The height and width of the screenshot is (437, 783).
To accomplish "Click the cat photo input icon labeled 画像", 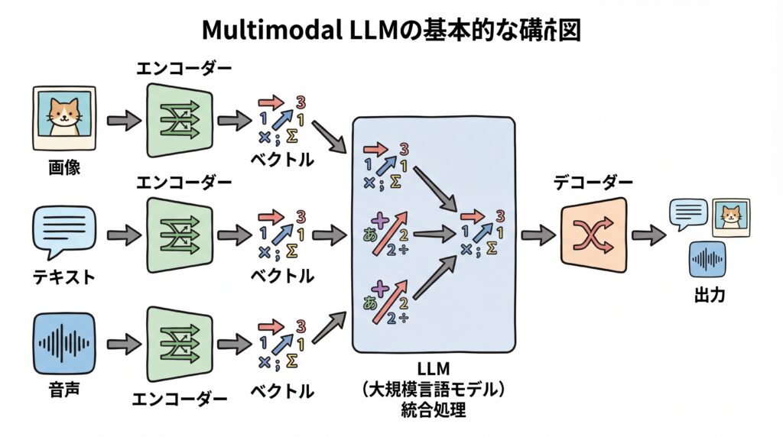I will pyautogui.click(x=64, y=118).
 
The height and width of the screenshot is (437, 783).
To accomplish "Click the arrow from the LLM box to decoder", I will pyautogui.click(x=538, y=236).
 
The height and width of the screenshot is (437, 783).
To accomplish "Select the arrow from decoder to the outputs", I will pyautogui.click(x=648, y=236).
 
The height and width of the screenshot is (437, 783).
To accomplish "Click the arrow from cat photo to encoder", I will pyautogui.click(x=123, y=120).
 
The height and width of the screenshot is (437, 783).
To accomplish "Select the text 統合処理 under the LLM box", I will pyautogui.click(x=433, y=410).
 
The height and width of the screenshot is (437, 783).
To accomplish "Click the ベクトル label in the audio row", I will pyautogui.click(x=282, y=391).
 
